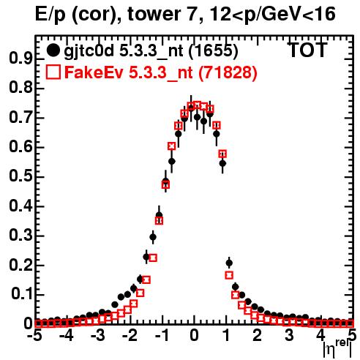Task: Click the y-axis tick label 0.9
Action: [x=20, y=59]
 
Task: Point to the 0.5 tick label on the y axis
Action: [x=20, y=176]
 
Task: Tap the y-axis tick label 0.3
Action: [x=20, y=236]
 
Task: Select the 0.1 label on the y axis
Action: [x=21, y=295]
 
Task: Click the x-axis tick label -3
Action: [x=98, y=336]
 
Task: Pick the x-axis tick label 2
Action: [x=257, y=336]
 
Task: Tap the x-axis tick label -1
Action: [x=162, y=336]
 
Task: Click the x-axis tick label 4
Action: [x=320, y=336]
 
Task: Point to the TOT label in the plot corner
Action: [x=308, y=50]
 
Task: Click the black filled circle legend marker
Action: [x=53, y=50]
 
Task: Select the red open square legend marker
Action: [x=53, y=72]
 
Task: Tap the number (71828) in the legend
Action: [x=228, y=72]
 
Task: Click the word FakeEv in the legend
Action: [x=94, y=72]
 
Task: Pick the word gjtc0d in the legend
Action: [x=89, y=51]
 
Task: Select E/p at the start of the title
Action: [x=50, y=15]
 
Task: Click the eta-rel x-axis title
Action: [x=337, y=348]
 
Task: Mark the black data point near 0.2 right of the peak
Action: [x=229, y=263]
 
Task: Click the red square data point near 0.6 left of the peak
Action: [x=172, y=146]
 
